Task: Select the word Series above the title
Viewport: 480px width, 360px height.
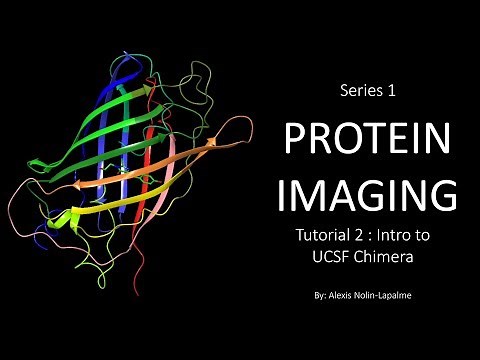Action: click(x=358, y=91)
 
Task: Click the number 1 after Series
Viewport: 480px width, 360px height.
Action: click(x=392, y=91)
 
